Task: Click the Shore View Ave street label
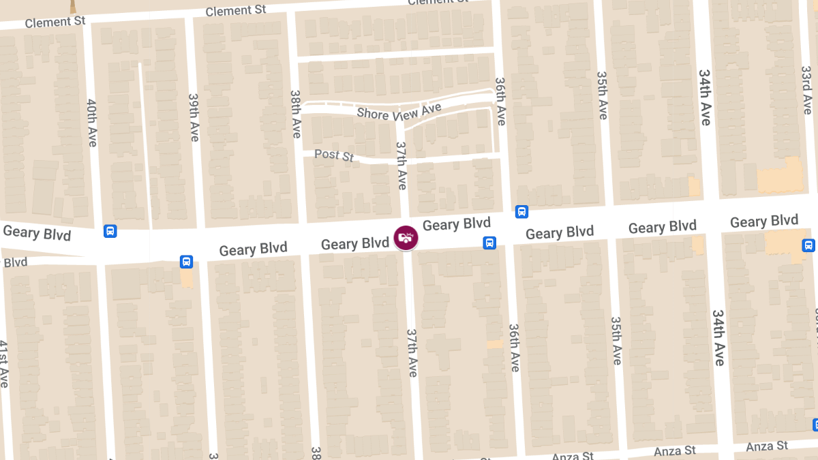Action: pyautogui.click(x=399, y=112)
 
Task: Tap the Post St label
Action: pyautogui.click(x=334, y=155)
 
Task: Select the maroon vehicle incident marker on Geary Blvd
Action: pyautogui.click(x=406, y=238)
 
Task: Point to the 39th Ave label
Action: pyautogui.click(x=194, y=117)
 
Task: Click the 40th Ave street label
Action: pyautogui.click(x=92, y=123)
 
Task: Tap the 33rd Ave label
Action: pyautogui.click(x=806, y=90)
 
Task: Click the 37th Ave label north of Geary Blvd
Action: pyautogui.click(x=402, y=166)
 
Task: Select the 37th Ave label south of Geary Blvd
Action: pyautogui.click(x=412, y=352)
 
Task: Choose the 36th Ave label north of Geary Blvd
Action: pyautogui.click(x=501, y=101)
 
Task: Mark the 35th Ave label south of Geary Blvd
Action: pyautogui.click(x=616, y=340)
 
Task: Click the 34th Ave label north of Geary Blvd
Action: pyautogui.click(x=704, y=96)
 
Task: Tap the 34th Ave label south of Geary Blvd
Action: pyautogui.click(x=718, y=337)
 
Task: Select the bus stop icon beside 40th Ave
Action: pyautogui.click(x=110, y=231)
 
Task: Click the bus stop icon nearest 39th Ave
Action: pyautogui.click(x=186, y=262)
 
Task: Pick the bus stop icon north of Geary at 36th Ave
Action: pyautogui.click(x=521, y=212)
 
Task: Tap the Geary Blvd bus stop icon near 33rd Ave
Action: pyautogui.click(x=808, y=245)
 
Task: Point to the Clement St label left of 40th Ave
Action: pyautogui.click(x=55, y=22)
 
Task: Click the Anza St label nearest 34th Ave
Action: pyautogui.click(x=675, y=451)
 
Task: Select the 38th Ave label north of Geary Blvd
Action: pyautogui.click(x=296, y=114)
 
